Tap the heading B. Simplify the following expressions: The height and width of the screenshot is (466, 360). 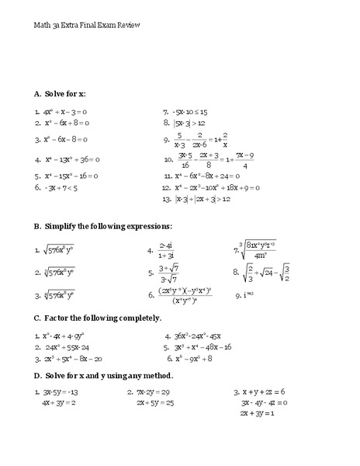click(102, 226)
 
